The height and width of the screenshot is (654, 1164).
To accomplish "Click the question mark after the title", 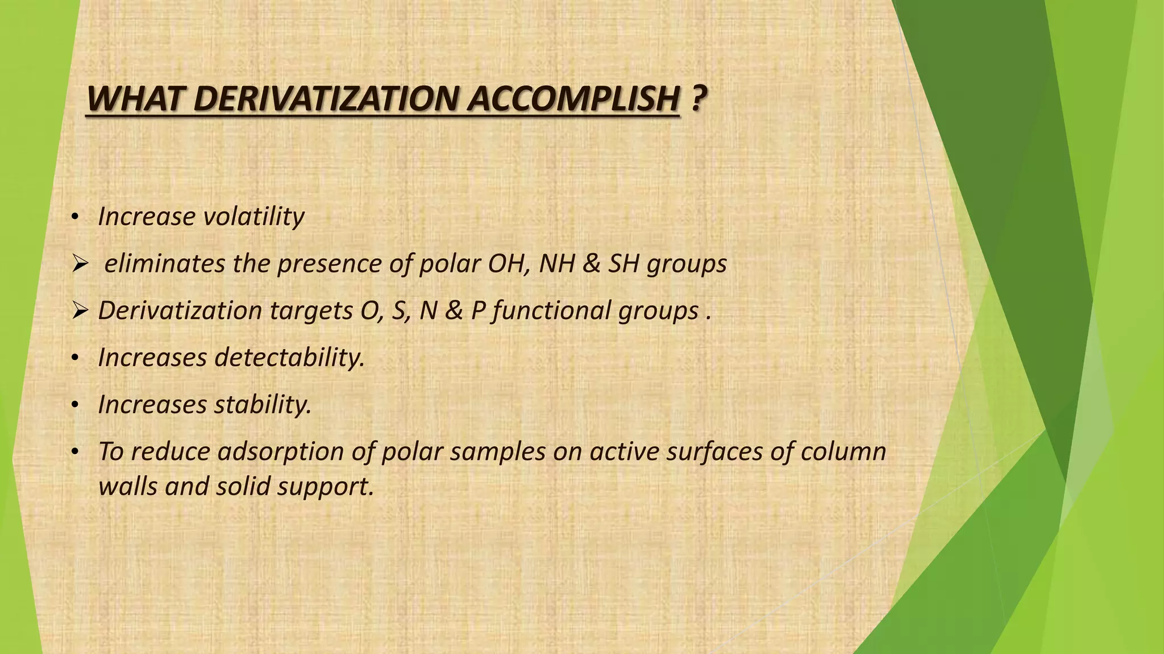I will tap(699, 99).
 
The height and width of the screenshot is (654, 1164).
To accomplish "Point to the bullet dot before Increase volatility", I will tap(74, 218).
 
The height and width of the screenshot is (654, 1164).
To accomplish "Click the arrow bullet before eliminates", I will tap(79, 264).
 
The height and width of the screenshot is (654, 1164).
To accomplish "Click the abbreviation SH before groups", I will tap(624, 263).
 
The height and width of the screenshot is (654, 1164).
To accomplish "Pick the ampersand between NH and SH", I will tap(591, 263).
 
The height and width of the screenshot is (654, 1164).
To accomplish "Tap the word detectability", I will tap(289, 358).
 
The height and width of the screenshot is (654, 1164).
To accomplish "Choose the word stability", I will tap(263, 405).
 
